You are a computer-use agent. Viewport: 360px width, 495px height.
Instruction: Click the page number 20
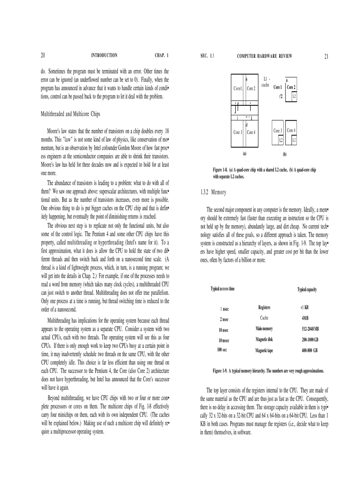point(43,56)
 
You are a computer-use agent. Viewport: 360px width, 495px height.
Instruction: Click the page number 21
point(326,56)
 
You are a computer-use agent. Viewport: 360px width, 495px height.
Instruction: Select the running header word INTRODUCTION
point(104,56)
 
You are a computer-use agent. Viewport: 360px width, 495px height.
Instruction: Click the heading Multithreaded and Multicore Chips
point(71,114)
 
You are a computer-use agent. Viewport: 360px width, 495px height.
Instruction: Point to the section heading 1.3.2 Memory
point(213,192)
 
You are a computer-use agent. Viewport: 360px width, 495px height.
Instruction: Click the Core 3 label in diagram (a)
point(238,132)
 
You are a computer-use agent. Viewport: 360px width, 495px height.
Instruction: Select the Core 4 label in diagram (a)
point(251,132)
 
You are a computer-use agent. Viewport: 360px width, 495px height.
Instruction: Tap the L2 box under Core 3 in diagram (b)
point(280,140)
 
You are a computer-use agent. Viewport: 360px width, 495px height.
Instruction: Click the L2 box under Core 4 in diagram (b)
point(294,140)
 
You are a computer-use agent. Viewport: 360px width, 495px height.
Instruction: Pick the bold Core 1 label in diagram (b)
point(277,87)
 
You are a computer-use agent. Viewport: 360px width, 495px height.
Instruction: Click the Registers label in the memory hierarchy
point(264,307)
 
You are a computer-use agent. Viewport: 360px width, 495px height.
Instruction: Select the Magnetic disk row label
point(264,339)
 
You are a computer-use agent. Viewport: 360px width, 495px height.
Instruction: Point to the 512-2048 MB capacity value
point(310,329)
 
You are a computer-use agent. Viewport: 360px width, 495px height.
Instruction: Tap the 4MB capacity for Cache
point(305,318)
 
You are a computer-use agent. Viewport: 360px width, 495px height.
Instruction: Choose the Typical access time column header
point(222,289)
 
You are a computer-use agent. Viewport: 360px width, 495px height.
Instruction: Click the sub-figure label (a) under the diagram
point(244,153)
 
